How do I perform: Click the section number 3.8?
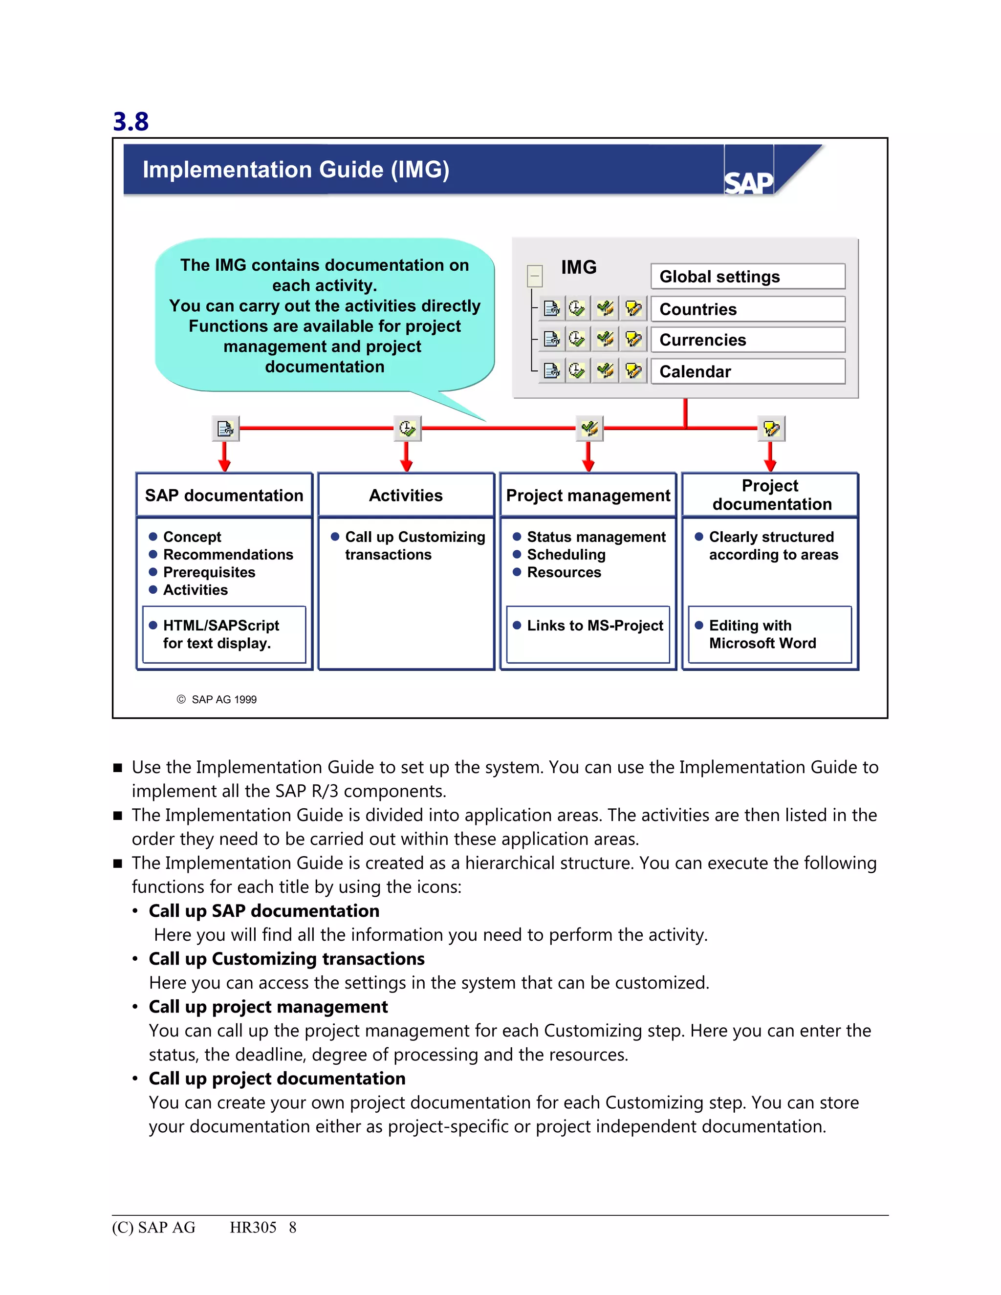(131, 122)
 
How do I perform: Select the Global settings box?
(747, 276)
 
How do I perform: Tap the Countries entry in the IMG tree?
(747, 309)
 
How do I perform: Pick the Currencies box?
(747, 340)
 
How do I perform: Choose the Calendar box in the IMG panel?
(747, 371)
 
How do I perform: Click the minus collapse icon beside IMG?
(534, 276)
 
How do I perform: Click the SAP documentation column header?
(224, 495)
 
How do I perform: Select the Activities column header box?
(406, 495)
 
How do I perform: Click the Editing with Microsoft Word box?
(770, 633)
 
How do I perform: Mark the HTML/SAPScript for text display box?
(224, 633)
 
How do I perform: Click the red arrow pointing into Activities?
(406, 458)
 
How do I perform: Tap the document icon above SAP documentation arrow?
(225, 428)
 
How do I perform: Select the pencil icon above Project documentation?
(771, 428)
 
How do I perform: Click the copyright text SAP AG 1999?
(223, 700)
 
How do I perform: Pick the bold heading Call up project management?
(268, 1007)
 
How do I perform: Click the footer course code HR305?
(253, 1228)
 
